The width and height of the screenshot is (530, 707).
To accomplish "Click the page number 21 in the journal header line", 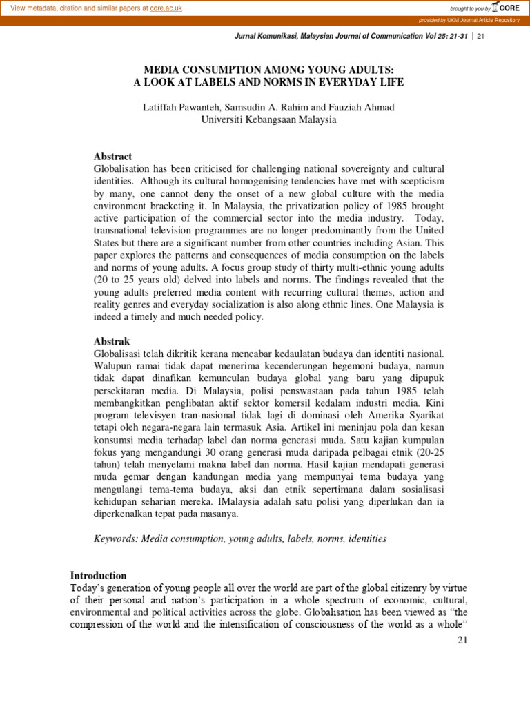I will pos(481,37).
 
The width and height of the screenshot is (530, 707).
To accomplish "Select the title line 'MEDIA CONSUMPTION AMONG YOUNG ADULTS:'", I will pos(268,70).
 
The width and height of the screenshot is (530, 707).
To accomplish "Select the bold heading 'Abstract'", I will pos(112,156).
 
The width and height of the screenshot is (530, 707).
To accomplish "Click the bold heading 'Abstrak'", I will pos(111,341).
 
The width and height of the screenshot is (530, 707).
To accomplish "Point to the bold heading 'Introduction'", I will pos(99,575).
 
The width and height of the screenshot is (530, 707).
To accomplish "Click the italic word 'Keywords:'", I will pos(116,538).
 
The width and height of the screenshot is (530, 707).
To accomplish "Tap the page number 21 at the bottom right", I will pos(462,641).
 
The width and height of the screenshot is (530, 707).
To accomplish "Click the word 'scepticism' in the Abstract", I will pos(419,181).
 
